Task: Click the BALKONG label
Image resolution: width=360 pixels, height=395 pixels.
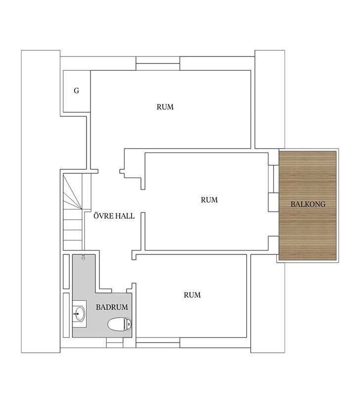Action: tap(308, 204)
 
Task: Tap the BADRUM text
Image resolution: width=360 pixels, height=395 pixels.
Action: tap(112, 307)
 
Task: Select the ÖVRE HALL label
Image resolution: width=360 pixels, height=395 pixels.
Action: tap(114, 216)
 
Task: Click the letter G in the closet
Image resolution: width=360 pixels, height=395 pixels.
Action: tap(77, 91)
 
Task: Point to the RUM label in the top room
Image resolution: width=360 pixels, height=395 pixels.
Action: tap(165, 107)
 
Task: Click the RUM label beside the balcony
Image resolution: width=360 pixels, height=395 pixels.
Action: tap(209, 200)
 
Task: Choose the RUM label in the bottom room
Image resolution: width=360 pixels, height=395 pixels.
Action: tap(192, 295)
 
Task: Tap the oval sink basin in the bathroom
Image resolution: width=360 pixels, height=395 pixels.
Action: tap(80, 314)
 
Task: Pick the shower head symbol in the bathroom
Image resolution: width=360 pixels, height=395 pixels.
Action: tap(84, 257)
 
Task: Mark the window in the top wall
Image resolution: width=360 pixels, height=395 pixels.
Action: tap(158, 63)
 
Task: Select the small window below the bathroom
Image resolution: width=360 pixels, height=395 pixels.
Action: tap(115, 343)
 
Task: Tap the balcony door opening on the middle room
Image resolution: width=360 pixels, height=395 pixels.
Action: tap(273, 179)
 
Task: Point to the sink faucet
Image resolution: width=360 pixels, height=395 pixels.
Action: tap(76, 314)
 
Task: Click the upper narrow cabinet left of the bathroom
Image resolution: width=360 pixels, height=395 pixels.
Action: tap(66, 272)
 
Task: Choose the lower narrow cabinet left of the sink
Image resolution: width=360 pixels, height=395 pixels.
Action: tap(66, 315)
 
